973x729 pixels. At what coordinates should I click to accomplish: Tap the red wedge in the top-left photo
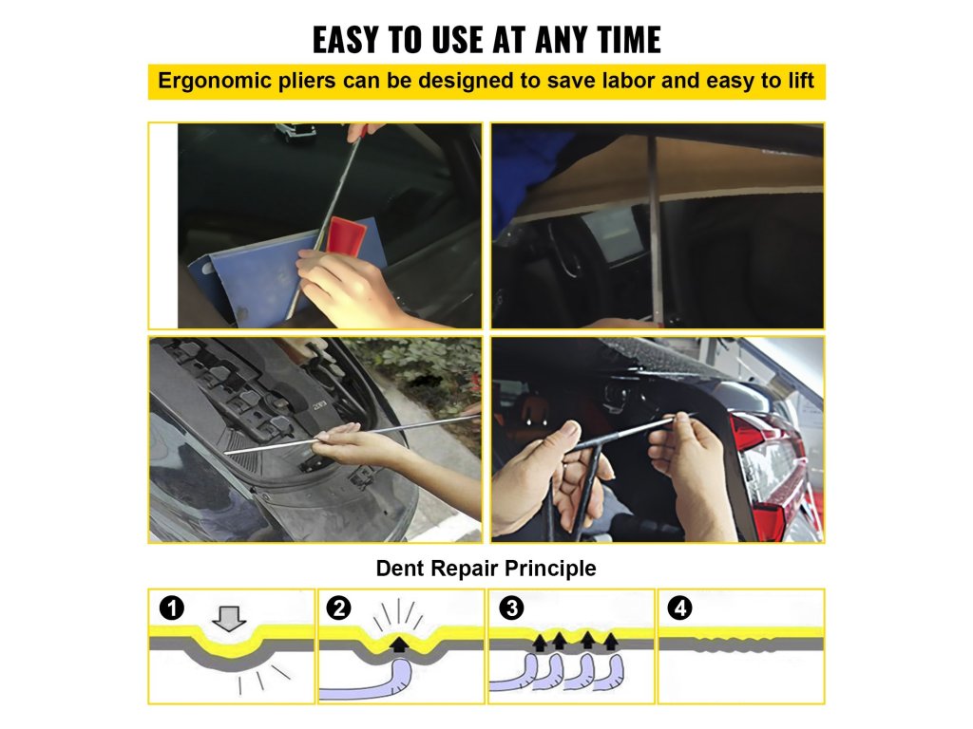point(347,236)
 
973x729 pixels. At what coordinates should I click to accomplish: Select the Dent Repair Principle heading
point(486,568)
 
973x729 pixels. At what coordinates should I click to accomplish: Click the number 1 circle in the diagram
point(172,607)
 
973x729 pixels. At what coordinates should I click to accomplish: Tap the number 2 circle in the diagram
point(339,607)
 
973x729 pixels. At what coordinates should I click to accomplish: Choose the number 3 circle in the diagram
point(511,607)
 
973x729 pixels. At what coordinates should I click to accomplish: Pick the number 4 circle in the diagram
point(679,607)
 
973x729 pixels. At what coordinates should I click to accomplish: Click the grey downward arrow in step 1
point(229,619)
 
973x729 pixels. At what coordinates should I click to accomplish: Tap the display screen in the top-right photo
point(611,230)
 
